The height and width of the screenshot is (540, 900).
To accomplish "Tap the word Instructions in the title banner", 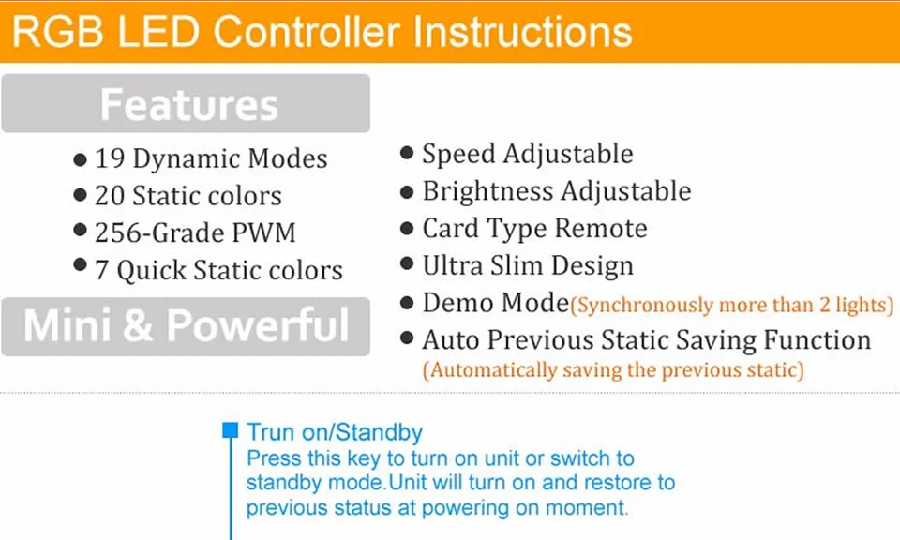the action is [x=522, y=32].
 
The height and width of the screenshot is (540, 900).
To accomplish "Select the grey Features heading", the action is [x=188, y=104].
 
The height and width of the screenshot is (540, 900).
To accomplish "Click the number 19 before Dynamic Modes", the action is [x=110, y=158].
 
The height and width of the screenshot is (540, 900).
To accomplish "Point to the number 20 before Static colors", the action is [x=110, y=196].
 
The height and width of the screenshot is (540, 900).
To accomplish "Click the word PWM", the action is [x=263, y=233].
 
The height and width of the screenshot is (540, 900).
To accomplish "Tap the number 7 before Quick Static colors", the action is [x=101, y=270].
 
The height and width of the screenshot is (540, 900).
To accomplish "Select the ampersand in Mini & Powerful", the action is [x=138, y=325].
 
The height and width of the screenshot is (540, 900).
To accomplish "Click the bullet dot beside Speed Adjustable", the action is [x=406, y=153].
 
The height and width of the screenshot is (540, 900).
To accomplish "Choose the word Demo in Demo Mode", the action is [x=457, y=303].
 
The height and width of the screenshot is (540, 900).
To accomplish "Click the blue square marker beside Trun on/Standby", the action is [x=231, y=430].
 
